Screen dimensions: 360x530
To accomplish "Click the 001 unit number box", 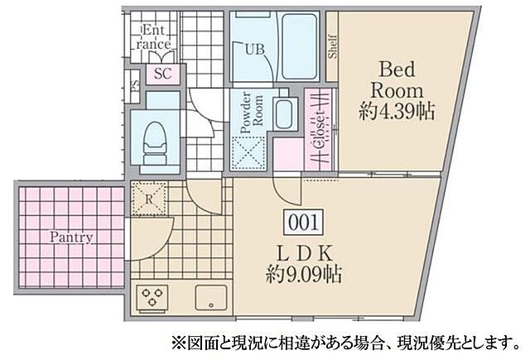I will [x=303, y=221].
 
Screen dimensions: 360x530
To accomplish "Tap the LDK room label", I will [x=303, y=250].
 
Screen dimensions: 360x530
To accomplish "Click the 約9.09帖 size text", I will [x=305, y=272].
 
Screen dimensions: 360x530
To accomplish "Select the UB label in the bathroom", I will [x=253, y=49].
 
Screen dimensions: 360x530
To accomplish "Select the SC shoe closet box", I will [x=162, y=74].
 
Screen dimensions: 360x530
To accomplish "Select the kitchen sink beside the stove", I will [x=210, y=297].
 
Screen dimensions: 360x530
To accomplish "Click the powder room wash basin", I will [x=286, y=113].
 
